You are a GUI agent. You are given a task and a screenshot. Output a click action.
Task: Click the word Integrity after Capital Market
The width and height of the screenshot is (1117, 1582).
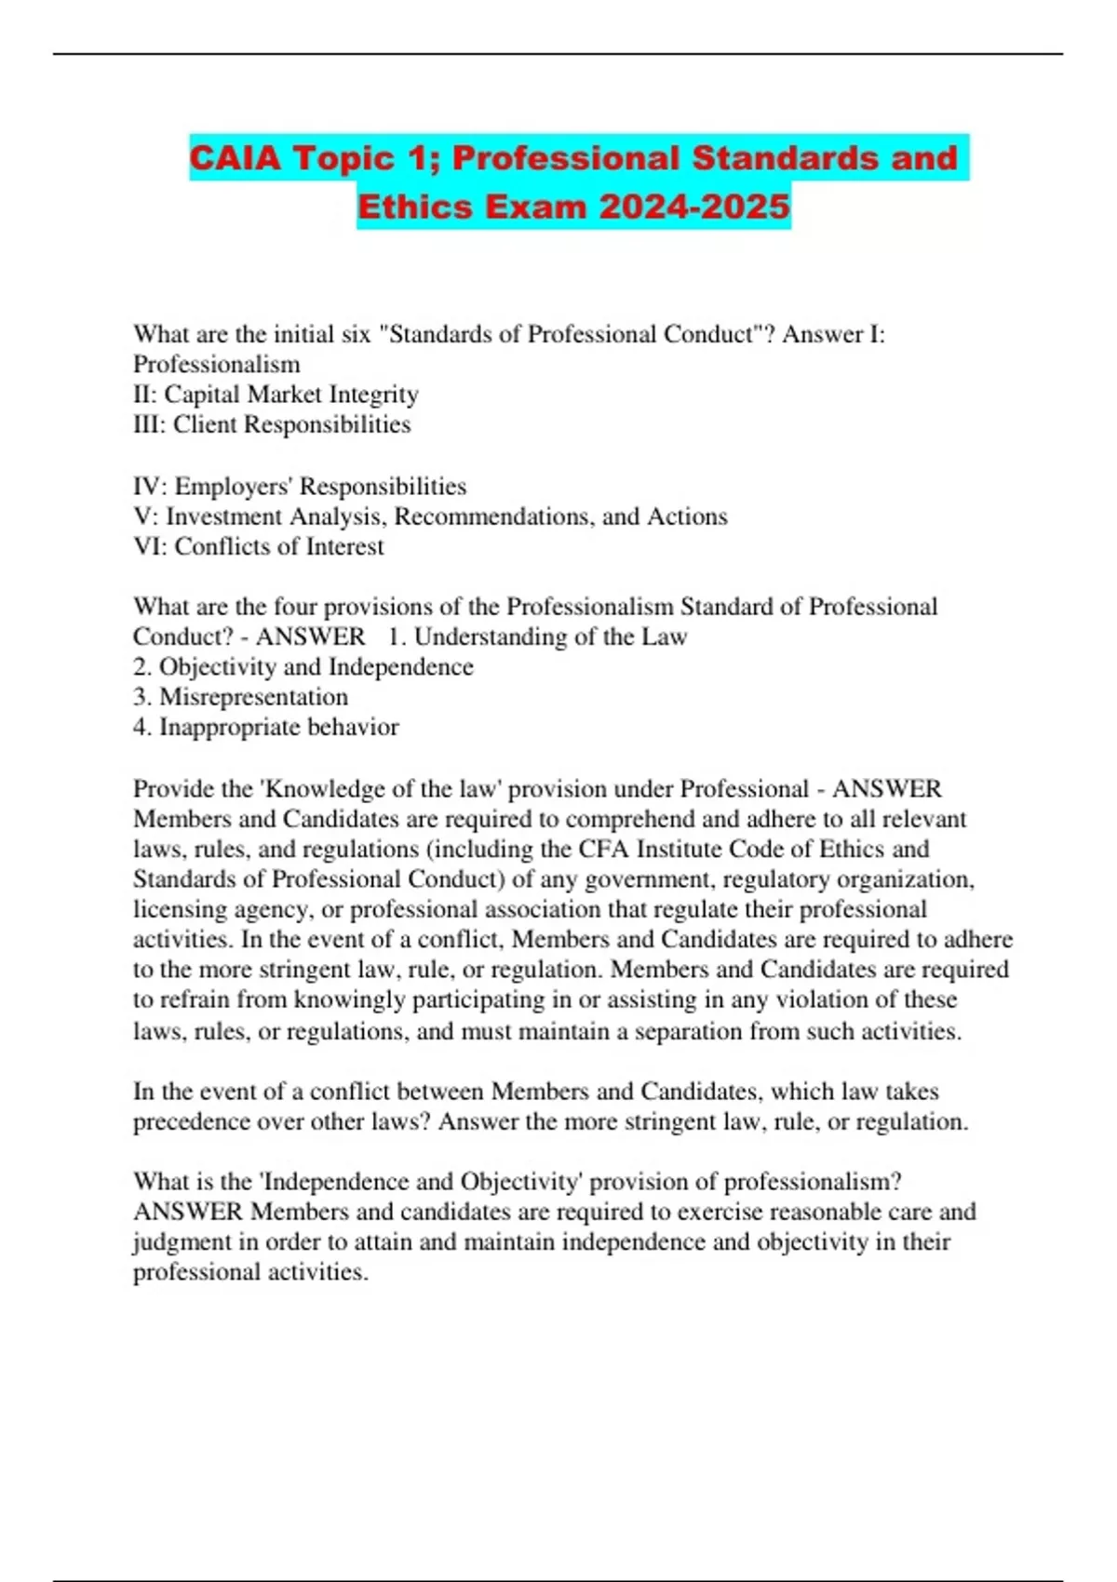point(372,395)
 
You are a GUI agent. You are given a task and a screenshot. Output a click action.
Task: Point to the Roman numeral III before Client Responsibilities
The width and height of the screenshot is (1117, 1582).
point(149,424)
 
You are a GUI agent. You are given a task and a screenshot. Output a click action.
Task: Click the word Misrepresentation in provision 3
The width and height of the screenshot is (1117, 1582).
point(253,697)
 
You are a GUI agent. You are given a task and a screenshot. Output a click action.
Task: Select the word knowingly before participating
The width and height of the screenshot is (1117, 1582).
point(350,999)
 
